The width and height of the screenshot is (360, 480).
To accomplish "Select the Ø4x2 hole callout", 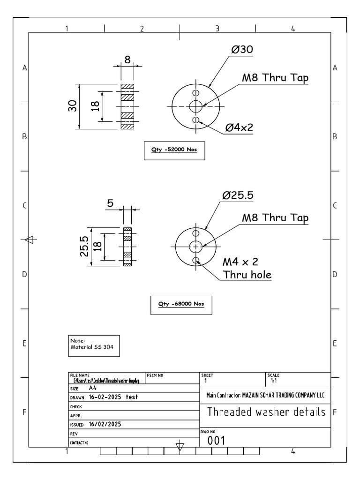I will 240,127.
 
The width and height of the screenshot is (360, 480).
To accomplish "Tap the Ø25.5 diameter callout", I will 238,196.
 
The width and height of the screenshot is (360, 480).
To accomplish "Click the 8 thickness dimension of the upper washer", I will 127,60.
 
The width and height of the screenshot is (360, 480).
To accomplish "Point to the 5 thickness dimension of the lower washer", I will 111,203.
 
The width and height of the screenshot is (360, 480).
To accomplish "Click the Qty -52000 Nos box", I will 174,150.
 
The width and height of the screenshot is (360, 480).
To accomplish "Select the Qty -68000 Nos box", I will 180,303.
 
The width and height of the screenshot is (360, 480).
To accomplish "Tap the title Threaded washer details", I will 266,412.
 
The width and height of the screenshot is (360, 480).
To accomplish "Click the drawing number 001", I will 217,440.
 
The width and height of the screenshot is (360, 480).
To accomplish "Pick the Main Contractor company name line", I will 265,395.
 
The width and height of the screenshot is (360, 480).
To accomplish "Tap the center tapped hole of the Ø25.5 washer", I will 195,246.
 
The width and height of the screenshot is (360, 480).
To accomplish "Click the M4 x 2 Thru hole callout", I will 246,268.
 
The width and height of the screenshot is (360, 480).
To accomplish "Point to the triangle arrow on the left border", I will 29,240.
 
